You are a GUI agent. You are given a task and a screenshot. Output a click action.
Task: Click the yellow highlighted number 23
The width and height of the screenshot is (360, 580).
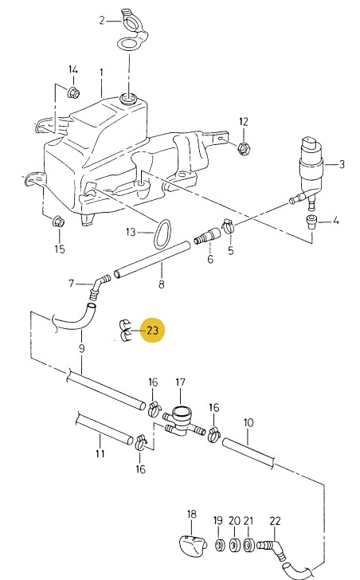click(153, 330)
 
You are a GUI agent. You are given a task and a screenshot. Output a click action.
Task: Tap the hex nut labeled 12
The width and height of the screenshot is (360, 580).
click(245, 149)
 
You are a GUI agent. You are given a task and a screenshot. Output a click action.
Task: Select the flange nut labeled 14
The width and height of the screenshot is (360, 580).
click(73, 92)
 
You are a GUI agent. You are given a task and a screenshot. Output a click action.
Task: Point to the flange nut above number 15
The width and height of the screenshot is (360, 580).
click(59, 222)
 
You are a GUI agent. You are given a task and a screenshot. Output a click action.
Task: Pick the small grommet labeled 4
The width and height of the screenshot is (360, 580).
click(311, 222)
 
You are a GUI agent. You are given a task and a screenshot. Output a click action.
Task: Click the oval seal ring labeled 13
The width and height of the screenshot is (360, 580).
click(162, 234)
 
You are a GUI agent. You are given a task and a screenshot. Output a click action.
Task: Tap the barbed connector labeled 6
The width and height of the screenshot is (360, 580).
click(207, 237)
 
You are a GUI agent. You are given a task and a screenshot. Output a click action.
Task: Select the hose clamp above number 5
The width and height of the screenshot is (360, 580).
click(229, 225)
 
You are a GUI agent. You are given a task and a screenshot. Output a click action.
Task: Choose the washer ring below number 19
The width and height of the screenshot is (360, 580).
click(219, 545)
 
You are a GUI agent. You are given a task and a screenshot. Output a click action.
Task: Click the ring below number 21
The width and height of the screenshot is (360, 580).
click(248, 545)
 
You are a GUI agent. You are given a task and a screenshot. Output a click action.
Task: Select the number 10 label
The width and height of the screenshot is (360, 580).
click(248, 422)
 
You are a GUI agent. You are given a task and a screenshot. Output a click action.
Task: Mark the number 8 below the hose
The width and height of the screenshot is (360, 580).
click(162, 284)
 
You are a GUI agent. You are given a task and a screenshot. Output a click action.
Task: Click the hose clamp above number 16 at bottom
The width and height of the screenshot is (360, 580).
click(140, 442)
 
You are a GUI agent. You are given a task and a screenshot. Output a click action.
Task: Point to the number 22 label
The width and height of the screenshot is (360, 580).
click(275, 521)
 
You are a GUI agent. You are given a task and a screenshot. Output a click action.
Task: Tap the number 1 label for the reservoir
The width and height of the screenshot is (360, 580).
click(101, 72)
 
